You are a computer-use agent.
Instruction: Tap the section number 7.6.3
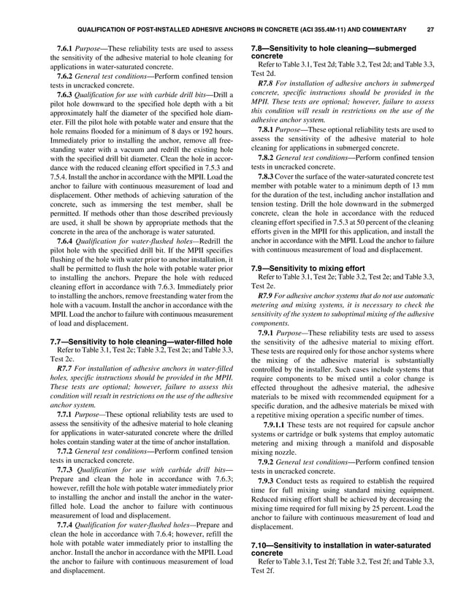click(x=67, y=96)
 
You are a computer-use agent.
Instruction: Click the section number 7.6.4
click(x=67, y=239)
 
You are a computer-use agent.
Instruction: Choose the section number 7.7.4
click(x=67, y=535)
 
